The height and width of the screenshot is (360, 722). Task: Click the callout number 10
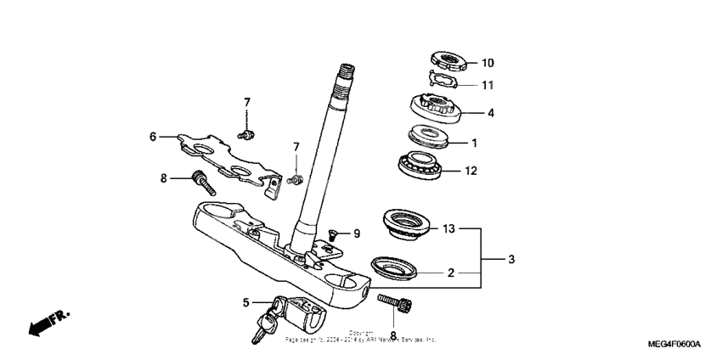pyautogui.click(x=488, y=63)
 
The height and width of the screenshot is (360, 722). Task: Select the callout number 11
pyautogui.click(x=488, y=85)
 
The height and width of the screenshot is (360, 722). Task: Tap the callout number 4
pyautogui.click(x=490, y=112)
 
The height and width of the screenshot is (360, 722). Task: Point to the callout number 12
pyautogui.click(x=471, y=171)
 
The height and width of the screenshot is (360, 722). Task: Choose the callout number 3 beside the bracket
pyautogui.click(x=510, y=259)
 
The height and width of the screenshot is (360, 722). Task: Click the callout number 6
pyautogui.click(x=153, y=136)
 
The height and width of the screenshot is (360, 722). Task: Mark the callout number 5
pyautogui.click(x=246, y=302)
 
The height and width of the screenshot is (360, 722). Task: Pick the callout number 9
pyautogui.click(x=357, y=233)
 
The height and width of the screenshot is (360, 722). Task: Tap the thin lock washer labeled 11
pyautogui.click(x=444, y=81)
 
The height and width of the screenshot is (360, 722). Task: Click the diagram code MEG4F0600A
pyautogui.click(x=674, y=345)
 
